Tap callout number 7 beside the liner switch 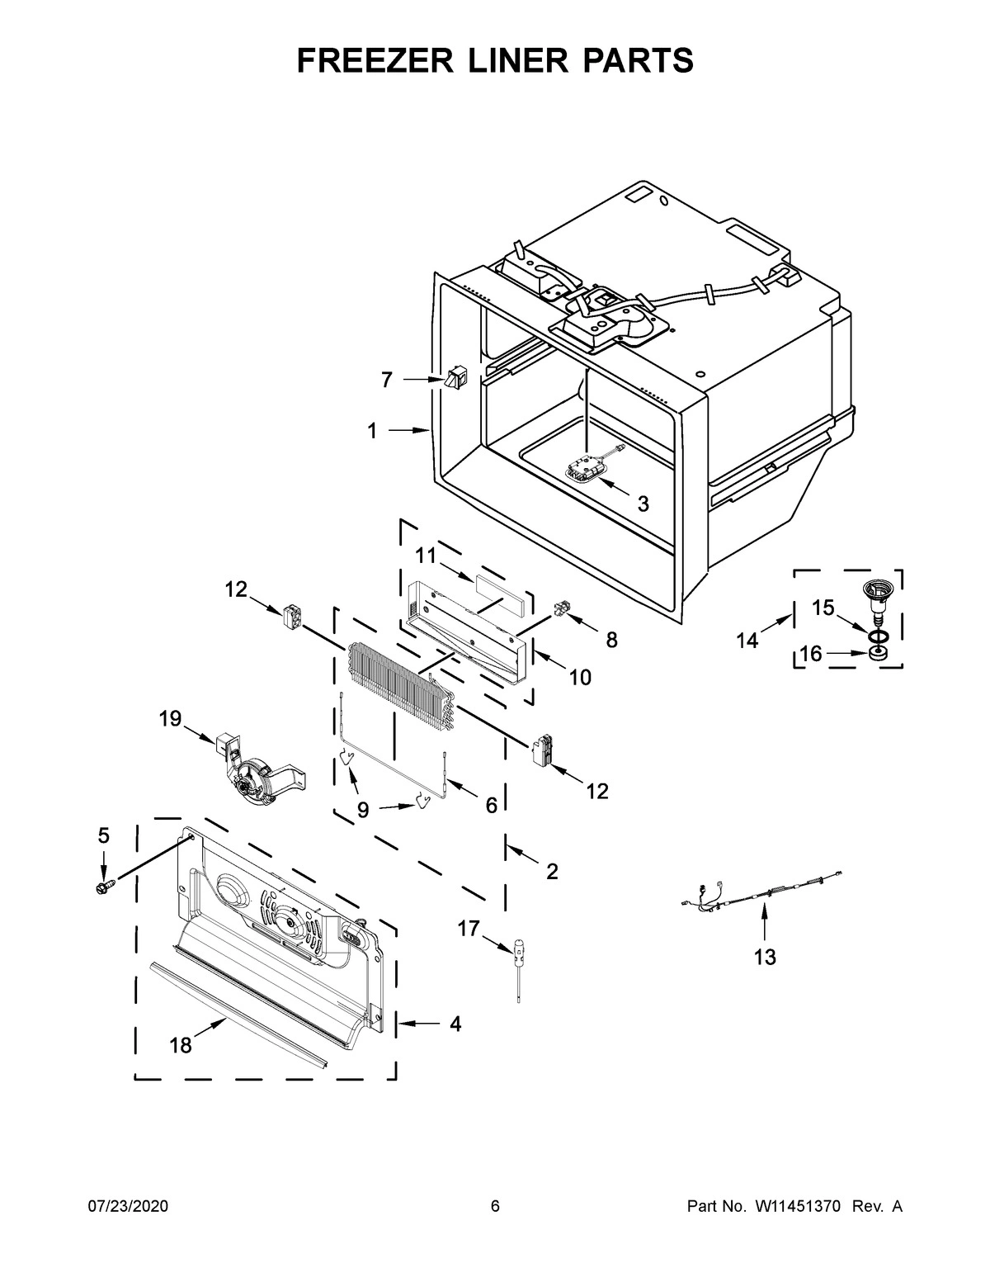(386, 380)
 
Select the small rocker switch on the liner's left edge (454, 381)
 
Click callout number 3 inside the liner (643, 504)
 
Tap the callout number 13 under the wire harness (765, 957)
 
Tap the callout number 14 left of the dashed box (747, 640)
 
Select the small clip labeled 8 (563, 612)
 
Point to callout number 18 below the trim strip (180, 1046)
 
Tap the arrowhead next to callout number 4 (404, 1024)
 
